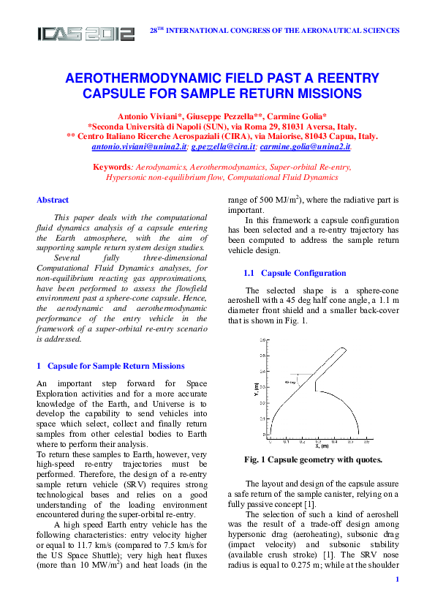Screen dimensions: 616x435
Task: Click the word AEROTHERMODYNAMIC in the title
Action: pyautogui.click(x=143, y=78)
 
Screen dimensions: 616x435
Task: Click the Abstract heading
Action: pyautogui.click(x=53, y=200)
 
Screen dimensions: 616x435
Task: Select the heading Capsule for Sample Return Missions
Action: pyautogui.click(x=116, y=366)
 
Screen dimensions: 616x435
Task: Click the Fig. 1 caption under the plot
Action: pyautogui.click(x=312, y=459)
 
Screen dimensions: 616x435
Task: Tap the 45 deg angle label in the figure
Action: pyautogui.click(x=290, y=382)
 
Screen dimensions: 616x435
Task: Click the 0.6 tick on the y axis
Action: pyautogui.click(x=262, y=340)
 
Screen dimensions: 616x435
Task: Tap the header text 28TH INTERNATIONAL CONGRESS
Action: pyautogui.click(x=274, y=31)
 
